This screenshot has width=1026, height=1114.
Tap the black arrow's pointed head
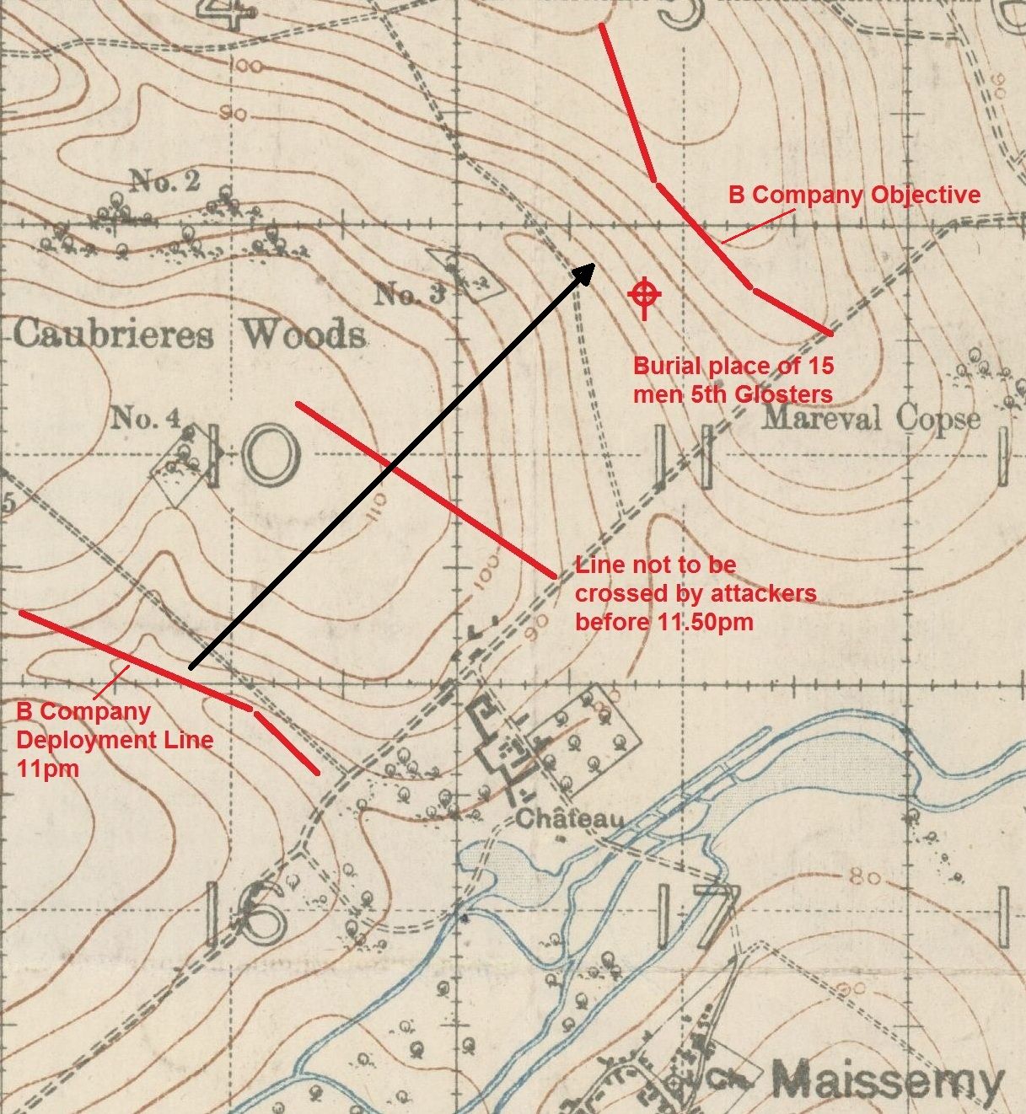tap(588, 270)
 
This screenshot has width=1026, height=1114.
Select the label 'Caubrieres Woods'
tap(190, 335)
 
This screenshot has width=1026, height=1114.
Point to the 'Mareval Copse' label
tap(871, 419)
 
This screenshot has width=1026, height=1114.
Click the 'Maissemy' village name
tap(888, 1079)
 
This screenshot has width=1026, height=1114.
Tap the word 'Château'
tap(570, 817)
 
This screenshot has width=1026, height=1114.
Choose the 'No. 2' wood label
tap(164, 180)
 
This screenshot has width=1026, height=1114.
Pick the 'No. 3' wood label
tap(409, 294)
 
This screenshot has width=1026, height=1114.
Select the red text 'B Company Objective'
tap(854, 195)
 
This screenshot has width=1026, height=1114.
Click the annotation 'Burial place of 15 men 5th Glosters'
tap(733, 380)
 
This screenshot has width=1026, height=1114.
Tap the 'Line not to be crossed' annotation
tap(695, 593)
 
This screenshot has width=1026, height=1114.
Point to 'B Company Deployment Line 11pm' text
tap(114, 739)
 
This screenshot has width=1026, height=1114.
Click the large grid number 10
tap(253, 455)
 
